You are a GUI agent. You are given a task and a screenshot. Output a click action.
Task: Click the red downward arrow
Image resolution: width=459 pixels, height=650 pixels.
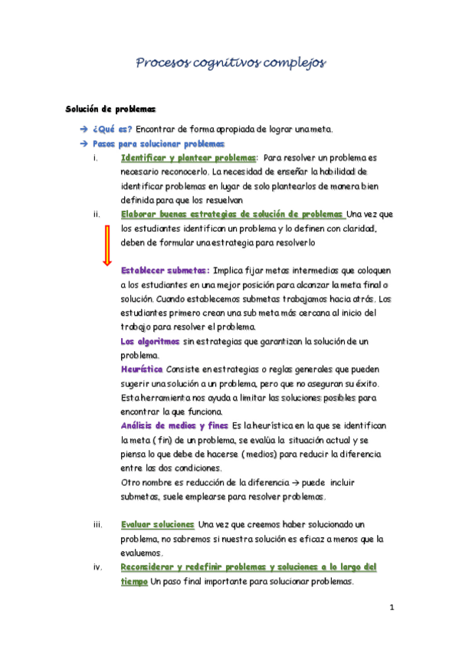[x=107, y=246]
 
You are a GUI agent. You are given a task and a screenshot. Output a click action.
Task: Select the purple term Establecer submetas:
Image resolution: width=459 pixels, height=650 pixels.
[x=166, y=271]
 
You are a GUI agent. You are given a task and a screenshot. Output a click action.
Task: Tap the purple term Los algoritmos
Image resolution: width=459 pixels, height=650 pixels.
[x=150, y=341]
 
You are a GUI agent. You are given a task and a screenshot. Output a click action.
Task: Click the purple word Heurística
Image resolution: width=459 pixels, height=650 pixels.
[x=142, y=369]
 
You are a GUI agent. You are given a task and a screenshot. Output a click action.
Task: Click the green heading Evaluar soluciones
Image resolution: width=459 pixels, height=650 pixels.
[x=158, y=524]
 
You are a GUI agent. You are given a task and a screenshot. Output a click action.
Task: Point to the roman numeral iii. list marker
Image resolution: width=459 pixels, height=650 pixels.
[x=97, y=524]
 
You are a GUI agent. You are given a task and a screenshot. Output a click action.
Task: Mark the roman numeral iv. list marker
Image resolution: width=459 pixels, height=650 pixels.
[x=97, y=567]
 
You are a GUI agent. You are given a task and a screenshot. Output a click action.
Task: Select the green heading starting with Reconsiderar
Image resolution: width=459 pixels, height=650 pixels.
[x=248, y=567]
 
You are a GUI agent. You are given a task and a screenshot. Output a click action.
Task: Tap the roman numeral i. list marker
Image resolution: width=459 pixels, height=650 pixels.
[x=94, y=158]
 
